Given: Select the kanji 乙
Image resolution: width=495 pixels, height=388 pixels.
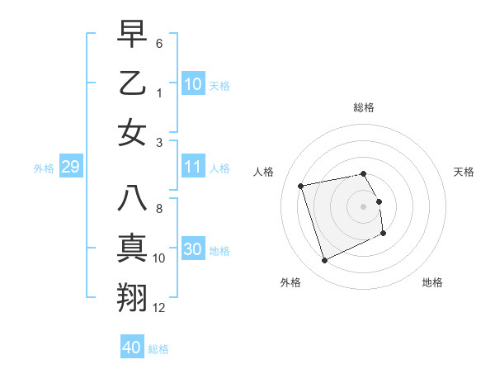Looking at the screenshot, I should tap(133, 83).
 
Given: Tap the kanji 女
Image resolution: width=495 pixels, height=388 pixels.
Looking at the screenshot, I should tap(133, 133).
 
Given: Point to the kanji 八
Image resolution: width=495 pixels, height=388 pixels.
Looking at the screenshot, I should tap(133, 199).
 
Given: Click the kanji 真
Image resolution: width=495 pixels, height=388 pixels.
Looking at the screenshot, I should tap(133, 248).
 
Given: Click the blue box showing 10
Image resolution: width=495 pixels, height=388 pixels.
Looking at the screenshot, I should tap(193, 84).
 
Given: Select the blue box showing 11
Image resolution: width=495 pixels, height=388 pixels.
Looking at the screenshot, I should tap(193, 168).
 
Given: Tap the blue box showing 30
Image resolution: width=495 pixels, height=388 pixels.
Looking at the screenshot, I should tap(193, 250).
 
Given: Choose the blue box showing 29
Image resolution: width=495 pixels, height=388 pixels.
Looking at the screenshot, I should tap(70, 168).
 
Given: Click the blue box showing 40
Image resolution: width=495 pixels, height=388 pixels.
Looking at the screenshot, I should tap(132, 348).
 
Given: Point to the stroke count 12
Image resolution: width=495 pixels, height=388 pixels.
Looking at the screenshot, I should tap(160, 308).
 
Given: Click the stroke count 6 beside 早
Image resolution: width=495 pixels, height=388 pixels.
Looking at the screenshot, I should tap(159, 42).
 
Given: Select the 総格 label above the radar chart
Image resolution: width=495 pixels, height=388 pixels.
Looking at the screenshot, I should tap(364, 107).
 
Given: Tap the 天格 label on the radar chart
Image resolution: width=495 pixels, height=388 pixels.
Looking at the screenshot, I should tap(464, 172).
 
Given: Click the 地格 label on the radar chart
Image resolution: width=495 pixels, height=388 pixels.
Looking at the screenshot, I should tap(432, 282).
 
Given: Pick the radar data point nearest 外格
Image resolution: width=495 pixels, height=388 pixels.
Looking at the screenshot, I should tap(324, 261).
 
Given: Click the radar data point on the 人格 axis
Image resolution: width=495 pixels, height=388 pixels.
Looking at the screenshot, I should tap(300, 185).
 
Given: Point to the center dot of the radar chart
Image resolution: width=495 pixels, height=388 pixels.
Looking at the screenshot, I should tap(364, 206).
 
